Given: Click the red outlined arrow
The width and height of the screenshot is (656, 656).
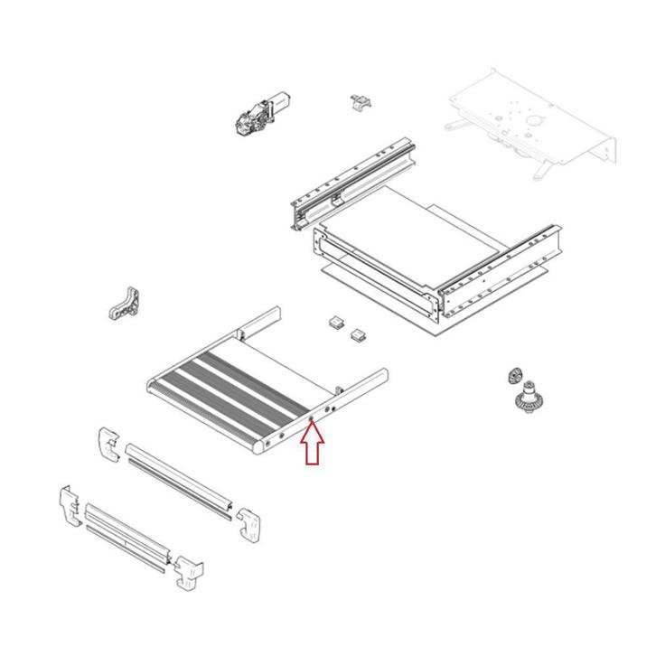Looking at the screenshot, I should [312, 445].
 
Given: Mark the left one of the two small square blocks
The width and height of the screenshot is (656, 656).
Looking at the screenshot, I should [335, 323].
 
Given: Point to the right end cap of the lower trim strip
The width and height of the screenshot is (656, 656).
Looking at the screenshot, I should [189, 571].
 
